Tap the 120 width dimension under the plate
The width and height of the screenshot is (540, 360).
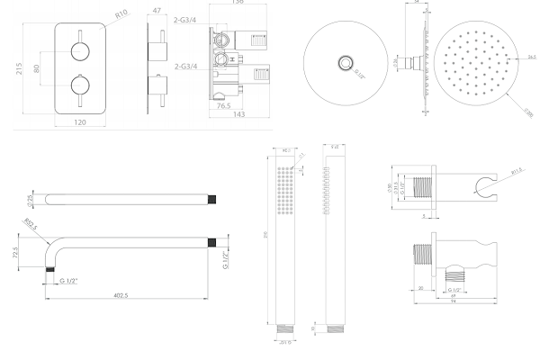coord(81,124)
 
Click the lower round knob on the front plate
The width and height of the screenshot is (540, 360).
coord(81,88)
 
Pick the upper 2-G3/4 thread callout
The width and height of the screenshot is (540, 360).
coord(187,42)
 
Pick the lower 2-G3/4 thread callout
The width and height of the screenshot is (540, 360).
coord(187,66)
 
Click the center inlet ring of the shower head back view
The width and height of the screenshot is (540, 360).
coord(345,62)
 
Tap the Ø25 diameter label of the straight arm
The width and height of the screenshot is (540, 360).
coord(30,198)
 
